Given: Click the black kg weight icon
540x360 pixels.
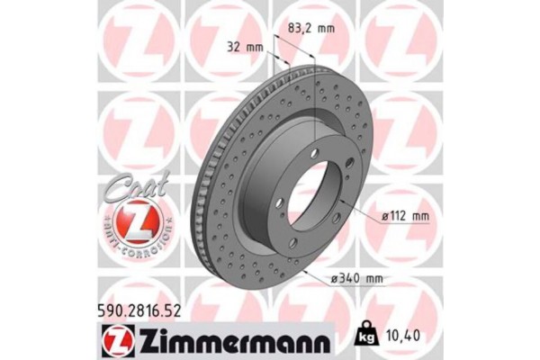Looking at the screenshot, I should point(367,337).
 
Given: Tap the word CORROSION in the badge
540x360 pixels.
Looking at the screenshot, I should point(153,245).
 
